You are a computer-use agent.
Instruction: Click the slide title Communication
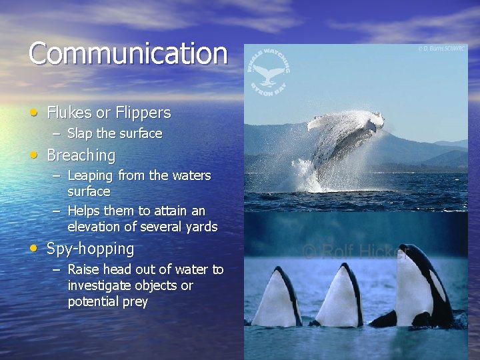click(127, 53)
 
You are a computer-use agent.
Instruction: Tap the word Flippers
click(143, 113)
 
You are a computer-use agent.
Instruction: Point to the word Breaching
click(81, 155)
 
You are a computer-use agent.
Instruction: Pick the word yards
click(201, 227)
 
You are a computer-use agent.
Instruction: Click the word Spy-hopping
click(90, 249)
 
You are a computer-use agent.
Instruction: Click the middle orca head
click(343, 293)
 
